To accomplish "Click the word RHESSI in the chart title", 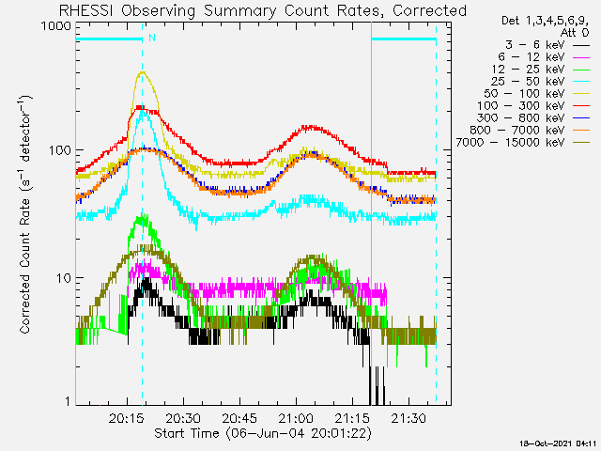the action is pos(86,10).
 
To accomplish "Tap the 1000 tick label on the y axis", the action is pos(56,26).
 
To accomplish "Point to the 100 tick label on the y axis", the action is pos(60,150).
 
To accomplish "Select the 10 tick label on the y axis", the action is pos(64,278).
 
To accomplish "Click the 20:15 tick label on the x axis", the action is pos(126,418).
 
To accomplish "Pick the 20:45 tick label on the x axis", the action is pos(239,418).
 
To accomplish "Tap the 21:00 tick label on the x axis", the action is pos(296,418).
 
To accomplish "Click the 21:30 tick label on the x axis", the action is pos(408,418).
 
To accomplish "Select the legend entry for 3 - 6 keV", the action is pos(547,45).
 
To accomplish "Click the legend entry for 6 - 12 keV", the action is pos(544,57).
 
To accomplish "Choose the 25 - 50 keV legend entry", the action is pos(540,82).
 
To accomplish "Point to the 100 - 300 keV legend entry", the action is pos(533,106).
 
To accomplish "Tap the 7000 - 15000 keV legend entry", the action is pos(523,143).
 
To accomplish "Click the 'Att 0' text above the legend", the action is pos(574,33).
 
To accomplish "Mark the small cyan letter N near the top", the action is pos(152,38).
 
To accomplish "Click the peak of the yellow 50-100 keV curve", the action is pos(143,71).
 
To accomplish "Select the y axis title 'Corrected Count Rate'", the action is pos(25,266).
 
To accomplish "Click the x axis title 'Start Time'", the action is pos(186,433).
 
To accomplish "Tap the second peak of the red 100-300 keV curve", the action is pos(311,127).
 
